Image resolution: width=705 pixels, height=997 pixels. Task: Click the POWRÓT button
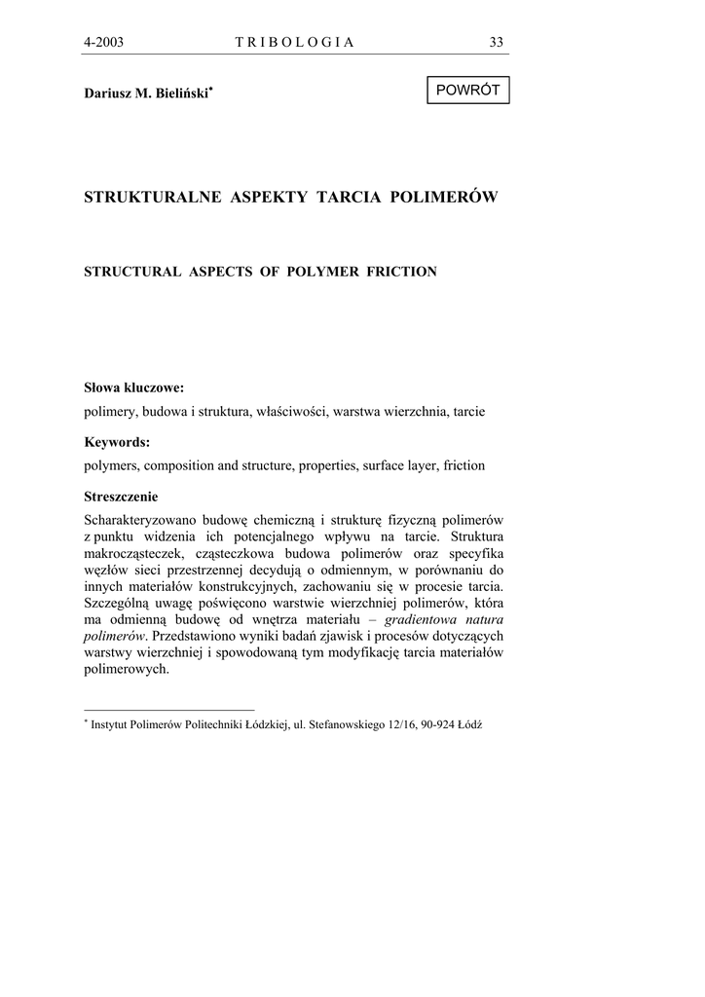coord(467,90)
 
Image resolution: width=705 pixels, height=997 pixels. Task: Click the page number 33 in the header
coord(497,42)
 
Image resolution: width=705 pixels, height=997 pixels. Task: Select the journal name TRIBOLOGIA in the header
coord(295,42)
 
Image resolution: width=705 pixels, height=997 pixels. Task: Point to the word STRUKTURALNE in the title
coord(154,198)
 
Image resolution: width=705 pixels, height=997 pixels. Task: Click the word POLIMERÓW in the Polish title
coord(443,198)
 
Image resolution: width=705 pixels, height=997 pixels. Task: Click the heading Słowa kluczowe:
coord(134,388)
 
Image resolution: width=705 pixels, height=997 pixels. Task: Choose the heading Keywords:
coord(117,442)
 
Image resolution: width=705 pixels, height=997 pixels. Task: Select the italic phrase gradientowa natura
coord(444,619)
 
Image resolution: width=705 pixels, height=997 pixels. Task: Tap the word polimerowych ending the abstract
coord(127,670)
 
